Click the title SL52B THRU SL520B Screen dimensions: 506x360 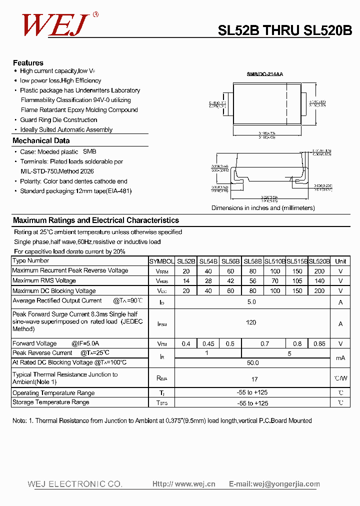tap(284, 31)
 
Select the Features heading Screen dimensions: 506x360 tap(28, 63)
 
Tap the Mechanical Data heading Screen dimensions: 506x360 tap(41, 141)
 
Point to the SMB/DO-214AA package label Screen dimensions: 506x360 tap(264, 74)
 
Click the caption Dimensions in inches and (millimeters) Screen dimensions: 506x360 tap(263, 208)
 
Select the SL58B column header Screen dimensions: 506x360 tap(252, 261)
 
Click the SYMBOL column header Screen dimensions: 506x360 tap(161, 261)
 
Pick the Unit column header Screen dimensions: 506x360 tap(340, 261)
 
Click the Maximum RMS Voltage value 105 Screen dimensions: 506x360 tap(297, 281)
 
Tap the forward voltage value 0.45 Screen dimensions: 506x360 tap(208, 343)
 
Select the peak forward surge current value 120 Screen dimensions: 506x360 tap(251, 322)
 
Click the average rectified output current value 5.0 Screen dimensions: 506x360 tap(251, 301)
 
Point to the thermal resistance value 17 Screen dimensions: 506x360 tap(254, 379)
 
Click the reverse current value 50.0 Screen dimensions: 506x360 tap(252, 363)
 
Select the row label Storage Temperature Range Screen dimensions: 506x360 tap(50, 402)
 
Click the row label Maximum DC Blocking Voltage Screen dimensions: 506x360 tap(53, 291)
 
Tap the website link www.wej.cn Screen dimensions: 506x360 tap(195, 484)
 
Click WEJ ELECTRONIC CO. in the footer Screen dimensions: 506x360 tap(75, 484)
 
